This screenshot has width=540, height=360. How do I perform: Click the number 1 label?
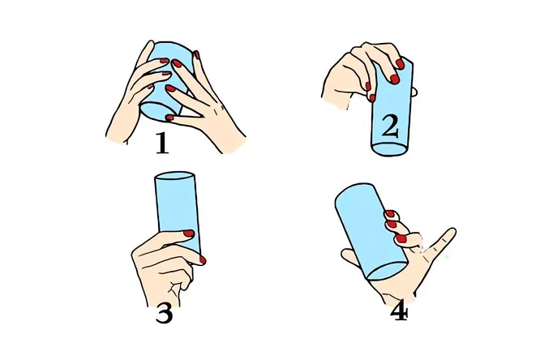(x=162, y=143)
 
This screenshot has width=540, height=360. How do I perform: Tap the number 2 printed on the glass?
(x=390, y=126)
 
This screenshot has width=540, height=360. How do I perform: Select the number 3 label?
(x=164, y=314)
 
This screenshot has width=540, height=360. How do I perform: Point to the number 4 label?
(x=400, y=313)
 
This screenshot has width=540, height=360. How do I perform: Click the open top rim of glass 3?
(x=175, y=175)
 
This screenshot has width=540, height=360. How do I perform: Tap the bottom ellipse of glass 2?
(x=390, y=148)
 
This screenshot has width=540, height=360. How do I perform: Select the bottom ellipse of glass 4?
(x=387, y=271)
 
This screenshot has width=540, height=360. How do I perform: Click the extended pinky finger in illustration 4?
(x=442, y=242)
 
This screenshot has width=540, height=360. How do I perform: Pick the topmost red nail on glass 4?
(x=389, y=214)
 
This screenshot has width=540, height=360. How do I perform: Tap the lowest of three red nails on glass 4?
(x=401, y=238)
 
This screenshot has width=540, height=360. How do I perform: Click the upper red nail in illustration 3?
(x=189, y=234)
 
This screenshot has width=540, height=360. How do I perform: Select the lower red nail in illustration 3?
(x=203, y=260)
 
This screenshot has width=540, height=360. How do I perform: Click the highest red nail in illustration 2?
(x=400, y=64)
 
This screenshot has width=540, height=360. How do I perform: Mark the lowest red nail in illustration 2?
(x=372, y=98)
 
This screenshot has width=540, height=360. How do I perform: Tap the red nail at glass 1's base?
(x=169, y=118)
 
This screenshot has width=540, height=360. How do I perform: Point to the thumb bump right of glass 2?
(x=414, y=92)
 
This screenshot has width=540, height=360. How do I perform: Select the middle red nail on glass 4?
(x=392, y=225)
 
